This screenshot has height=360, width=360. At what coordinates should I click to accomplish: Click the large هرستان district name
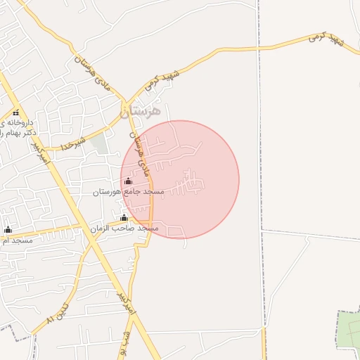(x=141, y=111)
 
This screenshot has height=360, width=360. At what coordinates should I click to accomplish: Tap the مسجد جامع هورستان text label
(x=128, y=191)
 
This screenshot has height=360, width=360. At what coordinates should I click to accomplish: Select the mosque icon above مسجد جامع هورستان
(x=128, y=182)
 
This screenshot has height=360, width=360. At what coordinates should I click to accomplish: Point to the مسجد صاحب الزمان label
(x=124, y=229)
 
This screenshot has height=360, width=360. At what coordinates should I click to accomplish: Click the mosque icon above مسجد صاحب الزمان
(x=124, y=218)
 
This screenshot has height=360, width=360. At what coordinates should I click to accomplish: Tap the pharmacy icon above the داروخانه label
(x=16, y=112)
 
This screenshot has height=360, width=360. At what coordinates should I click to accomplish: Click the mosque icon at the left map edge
(x=8, y=229)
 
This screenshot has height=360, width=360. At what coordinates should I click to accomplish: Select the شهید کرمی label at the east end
(x=325, y=44)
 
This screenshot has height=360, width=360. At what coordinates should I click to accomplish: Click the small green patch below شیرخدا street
(x=101, y=144)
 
